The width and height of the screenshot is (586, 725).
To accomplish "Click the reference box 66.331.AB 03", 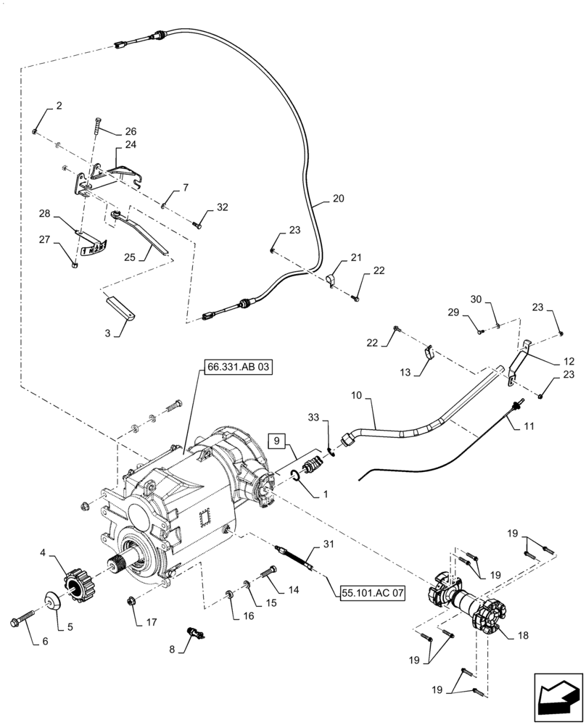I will coord(239,368).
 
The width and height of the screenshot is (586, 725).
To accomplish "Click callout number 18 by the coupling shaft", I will coord(522,635).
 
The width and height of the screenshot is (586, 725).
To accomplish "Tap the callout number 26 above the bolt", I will coord(131,131).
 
